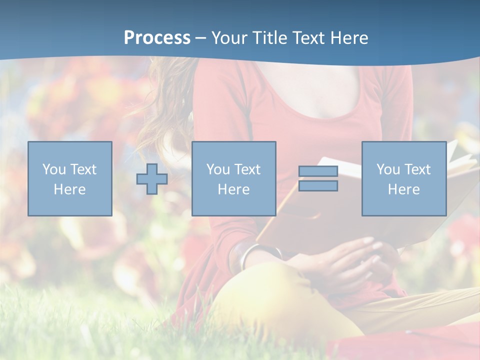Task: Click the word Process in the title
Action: (x=157, y=37)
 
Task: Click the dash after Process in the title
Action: (x=201, y=38)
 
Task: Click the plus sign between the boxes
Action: (x=152, y=178)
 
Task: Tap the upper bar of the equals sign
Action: (x=318, y=171)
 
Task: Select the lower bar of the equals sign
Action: (x=318, y=186)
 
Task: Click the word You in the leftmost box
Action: (x=53, y=169)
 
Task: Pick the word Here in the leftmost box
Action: (x=69, y=189)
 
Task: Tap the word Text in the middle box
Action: (x=246, y=169)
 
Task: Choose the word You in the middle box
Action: (x=217, y=169)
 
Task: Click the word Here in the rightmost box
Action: (x=403, y=189)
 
